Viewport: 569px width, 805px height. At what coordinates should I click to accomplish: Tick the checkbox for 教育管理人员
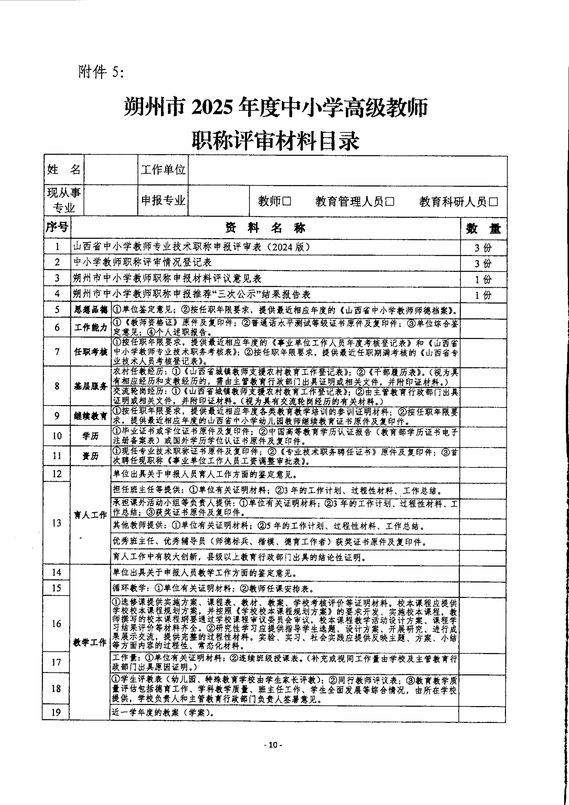click(390, 202)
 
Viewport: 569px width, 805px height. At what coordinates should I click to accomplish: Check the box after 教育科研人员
click(493, 202)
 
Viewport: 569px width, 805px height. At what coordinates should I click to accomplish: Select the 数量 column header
click(483, 229)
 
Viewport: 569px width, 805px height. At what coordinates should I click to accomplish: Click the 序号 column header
click(57, 228)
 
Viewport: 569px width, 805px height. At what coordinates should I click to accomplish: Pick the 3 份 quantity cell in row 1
click(483, 248)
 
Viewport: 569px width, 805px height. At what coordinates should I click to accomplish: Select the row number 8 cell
click(57, 386)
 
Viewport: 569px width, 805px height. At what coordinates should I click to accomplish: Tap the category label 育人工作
click(90, 515)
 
